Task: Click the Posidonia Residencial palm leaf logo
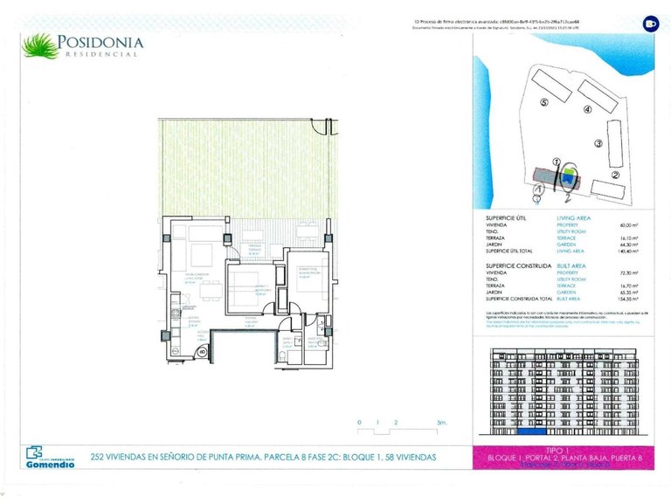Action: pyautogui.click(x=38, y=45)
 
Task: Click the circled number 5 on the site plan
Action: pyautogui.click(x=543, y=102)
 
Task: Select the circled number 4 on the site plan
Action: pyautogui.click(x=587, y=110)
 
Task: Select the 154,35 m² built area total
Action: pyautogui.click(x=626, y=299)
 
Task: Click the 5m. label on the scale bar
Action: pyautogui.click(x=441, y=423)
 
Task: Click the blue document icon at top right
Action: pyautogui.click(x=650, y=24)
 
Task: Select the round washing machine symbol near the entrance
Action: pyautogui.click(x=202, y=352)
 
